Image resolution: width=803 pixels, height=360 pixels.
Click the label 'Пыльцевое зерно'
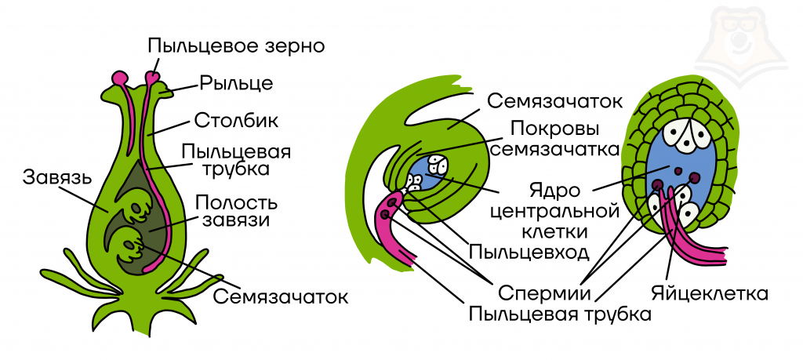coord(236,44)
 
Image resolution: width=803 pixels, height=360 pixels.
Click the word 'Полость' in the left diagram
coord(232,201)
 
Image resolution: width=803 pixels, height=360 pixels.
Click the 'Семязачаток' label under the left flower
coord(280,297)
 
